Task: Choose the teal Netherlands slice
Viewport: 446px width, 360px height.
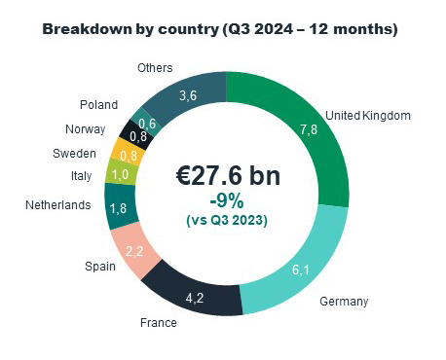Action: (119, 206)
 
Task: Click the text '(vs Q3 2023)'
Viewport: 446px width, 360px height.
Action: (226, 220)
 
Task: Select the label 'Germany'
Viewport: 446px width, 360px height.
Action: (344, 302)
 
